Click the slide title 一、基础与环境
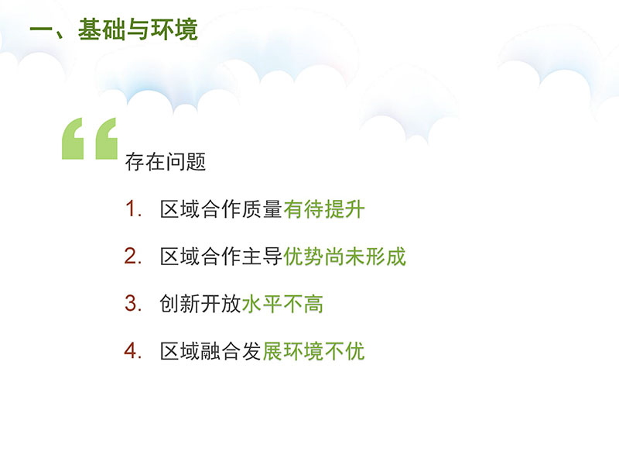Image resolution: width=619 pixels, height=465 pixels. click(114, 29)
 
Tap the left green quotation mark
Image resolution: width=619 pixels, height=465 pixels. click(73, 139)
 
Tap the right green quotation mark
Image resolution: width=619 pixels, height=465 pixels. click(106, 139)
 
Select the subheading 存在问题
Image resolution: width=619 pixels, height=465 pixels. click(166, 162)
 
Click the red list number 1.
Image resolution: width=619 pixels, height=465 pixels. click(133, 208)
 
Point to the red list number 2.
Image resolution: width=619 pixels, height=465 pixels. click(133, 257)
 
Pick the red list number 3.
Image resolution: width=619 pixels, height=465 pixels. click(133, 304)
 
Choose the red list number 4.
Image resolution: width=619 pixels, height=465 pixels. click(133, 351)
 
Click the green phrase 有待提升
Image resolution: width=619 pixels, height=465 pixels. click(323, 209)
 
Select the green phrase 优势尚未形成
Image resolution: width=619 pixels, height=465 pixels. click(344, 257)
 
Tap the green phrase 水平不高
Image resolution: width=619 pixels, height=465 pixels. click(282, 304)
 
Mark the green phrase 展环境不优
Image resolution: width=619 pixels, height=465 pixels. click(313, 351)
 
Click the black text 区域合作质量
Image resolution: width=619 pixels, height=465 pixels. click(221, 209)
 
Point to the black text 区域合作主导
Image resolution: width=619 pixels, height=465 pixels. click(221, 257)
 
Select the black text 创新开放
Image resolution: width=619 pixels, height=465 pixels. click(201, 304)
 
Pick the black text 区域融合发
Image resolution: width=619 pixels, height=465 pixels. click(211, 351)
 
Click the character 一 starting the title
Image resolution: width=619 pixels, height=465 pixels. click(42, 30)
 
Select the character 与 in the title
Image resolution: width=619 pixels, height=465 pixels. click(138, 29)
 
